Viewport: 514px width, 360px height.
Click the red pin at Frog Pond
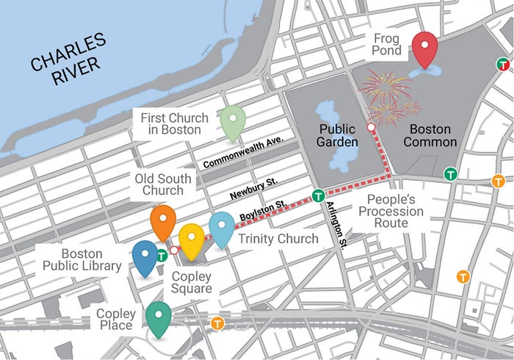[x=424, y=48]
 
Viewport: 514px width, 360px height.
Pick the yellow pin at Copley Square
[x=192, y=239]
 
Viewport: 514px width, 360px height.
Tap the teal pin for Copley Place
[x=159, y=317]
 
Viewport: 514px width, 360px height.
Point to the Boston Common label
[x=430, y=134]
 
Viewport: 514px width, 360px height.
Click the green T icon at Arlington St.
[x=318, y=195]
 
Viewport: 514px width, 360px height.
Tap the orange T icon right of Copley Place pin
[x=217, y=323]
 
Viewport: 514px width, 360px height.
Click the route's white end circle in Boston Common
[x=372, y=128]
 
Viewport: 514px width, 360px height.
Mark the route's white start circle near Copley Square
[x=174, y=251]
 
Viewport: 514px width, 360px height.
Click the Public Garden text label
[x=338, y=134]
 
